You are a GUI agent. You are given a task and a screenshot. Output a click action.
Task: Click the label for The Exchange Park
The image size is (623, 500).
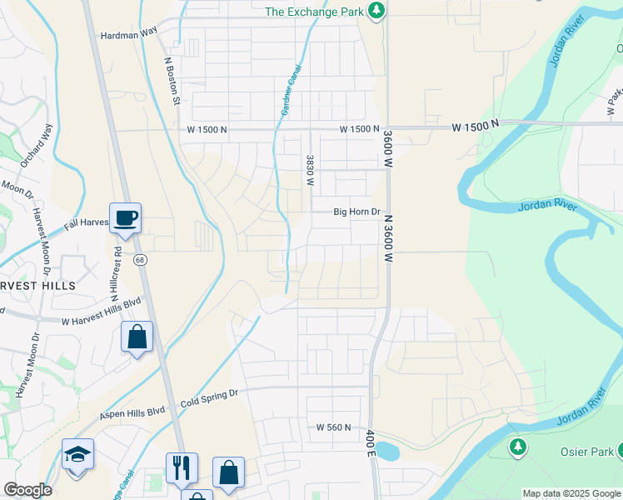coord(316,12)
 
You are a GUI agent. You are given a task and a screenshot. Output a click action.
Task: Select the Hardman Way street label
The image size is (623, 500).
coord(128,36)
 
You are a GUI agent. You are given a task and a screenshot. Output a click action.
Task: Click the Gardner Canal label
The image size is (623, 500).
coord(289,91)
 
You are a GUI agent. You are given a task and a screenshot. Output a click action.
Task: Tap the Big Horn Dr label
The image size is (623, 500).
coord(356,212)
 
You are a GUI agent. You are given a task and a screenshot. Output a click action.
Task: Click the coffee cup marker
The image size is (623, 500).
coord(125,219)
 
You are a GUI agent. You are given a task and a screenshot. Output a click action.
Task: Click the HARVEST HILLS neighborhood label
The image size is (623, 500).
coord(37,285)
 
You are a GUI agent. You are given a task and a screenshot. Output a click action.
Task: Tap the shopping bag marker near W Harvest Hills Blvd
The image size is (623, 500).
coord(137,337)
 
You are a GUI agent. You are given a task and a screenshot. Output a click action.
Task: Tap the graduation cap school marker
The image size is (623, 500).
coord(77,455)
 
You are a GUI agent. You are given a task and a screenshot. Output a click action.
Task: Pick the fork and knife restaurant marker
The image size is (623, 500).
coord(182,468)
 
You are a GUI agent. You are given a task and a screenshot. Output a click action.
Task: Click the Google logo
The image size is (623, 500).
coord(27,490)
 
